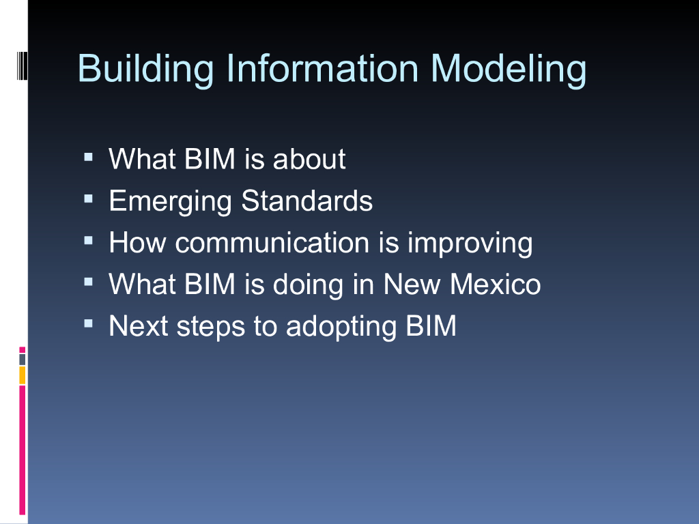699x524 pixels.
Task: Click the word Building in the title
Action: pyautogui.click(x=146, y=69)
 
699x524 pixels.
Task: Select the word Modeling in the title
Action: pyautogui.click(x=509, y=69)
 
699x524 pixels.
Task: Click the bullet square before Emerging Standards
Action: pyautogui.click(x=88, y=199)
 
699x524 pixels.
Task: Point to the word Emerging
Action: pyautogui.click(x=170, y=202)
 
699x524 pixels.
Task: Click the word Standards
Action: pyautogui.click(x=306, y=201)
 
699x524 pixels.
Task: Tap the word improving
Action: pyautogui.click(x=470, y=244)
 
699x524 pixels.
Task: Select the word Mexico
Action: pyautogui.click(x=496, y=284)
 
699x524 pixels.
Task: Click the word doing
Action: pyautogui.click(x=308, y=285)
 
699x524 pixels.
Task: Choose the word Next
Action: pyautogui.click(x=139, y=325)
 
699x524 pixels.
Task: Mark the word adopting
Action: pyautogui.click(x=341, y=327)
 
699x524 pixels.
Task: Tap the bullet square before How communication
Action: pyautogui.click(x=88, y=241)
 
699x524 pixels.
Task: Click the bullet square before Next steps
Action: pyautogui.click(x=88, y=324)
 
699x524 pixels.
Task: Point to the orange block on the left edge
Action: pyautogui.click(x=23, y=375)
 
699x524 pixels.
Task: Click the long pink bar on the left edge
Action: pyautogui.click(x=23, y=450)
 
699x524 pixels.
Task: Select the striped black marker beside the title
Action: pyautogui.click(x=23, y=66)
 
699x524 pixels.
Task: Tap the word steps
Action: pyautogui.click(x=211, y=327)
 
